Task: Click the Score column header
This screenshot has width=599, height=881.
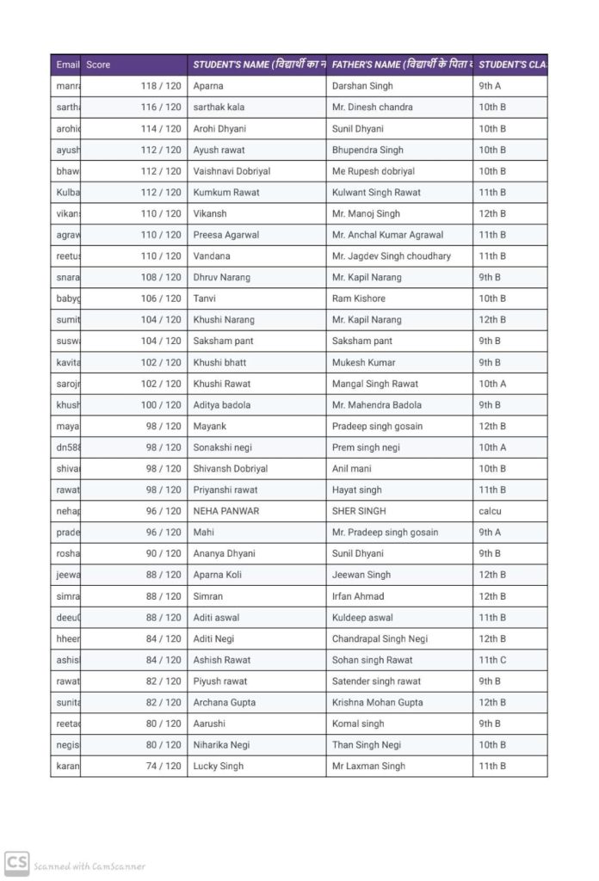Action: pos(99,65)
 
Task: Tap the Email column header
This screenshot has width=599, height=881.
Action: pos(67,65)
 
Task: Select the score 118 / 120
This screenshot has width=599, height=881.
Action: pos(161,86)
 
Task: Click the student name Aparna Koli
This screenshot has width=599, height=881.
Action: pos(219,575)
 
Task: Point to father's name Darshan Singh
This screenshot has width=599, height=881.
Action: pos(362,86)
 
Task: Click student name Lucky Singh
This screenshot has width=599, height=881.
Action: pos(219,766)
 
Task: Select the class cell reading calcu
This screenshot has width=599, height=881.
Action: pos(491,511)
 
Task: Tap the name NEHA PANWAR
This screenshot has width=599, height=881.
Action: pos(226,511)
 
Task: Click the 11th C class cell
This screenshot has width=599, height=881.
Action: pos(493,660)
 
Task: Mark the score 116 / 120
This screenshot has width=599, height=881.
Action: pos(161,108)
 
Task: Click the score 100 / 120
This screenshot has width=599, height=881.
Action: pos(161,404)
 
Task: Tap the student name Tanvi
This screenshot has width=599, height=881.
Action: pos(205,299)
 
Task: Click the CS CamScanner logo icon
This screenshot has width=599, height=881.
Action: pos(17,864)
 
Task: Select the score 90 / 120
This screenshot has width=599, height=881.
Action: pos(164,553)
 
